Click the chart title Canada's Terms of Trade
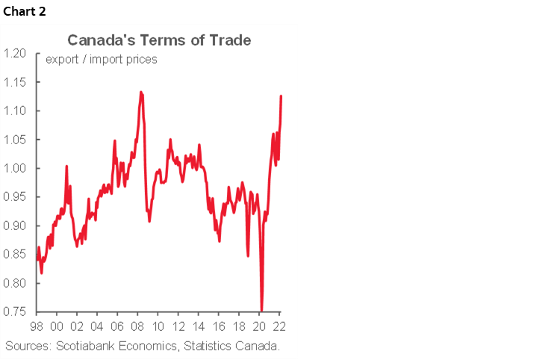click(x=159, y=40)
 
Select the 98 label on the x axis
click(x=36, y=326)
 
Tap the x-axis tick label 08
click(x=137, y=326)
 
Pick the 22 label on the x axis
click(x=280, y=326)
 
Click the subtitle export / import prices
click(x=102, y=60)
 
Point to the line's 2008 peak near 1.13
click(x=141, y=93)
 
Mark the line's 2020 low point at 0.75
click(x=262, y=310)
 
